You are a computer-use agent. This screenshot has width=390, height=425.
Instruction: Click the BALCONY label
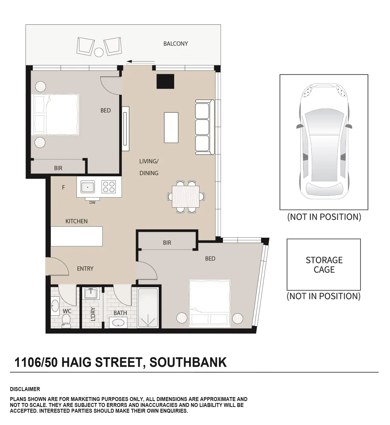(x=175, y=44)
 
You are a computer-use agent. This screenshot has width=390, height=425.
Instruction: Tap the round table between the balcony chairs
(x=99, y=52)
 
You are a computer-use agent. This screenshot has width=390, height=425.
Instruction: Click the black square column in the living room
(x=165, y=81)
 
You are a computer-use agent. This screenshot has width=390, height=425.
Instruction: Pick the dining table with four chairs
(x=186, y=196)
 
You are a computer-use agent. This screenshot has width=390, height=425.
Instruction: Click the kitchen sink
(x=87, y=187)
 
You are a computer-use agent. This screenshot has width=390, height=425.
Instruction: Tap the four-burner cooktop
(x=109, y=187)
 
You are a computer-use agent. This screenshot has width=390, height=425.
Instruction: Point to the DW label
(x=92, y=203)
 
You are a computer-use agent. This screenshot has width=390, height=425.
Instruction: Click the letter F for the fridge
(x=63, y=188)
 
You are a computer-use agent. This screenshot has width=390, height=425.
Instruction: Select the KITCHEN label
(x=76, y=221)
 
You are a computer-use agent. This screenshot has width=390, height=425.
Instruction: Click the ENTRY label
(x=85, y=268)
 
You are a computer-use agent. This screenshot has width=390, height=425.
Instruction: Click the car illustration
(x=324, y=141)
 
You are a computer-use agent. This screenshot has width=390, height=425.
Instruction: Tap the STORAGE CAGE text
(x=324, y=265)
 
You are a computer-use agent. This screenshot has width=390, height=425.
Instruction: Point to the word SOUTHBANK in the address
(x=188, y=362)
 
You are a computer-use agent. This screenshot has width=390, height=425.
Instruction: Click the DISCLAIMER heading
(x=25, y=389)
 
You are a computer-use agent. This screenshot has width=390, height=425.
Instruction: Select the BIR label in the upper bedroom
(x=58, y=168)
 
